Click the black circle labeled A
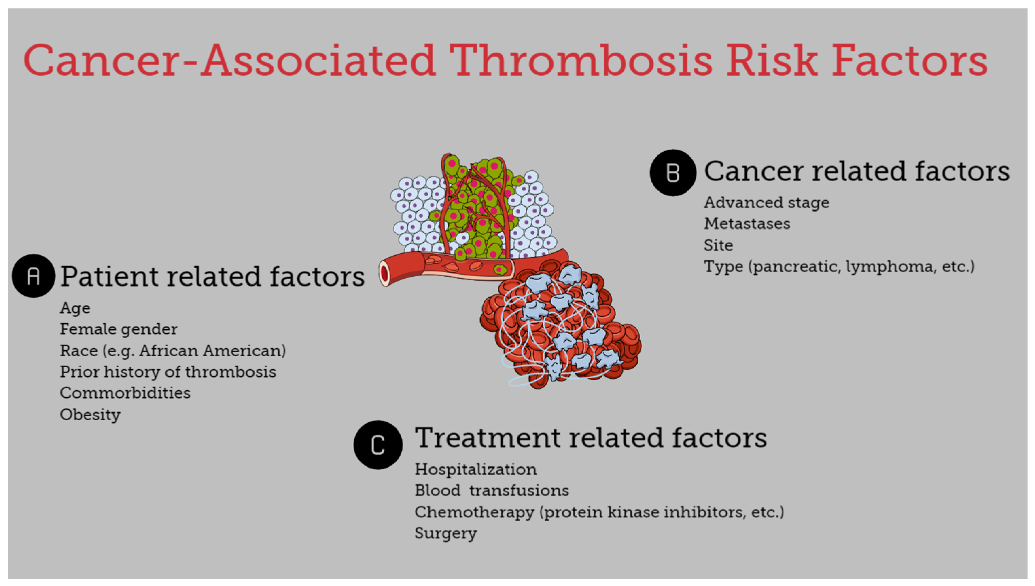pyautogui.click(x=33, y=276)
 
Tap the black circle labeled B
pyautogui.click(x=672, y=173)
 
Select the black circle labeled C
pyautogui.click(x=378, y=445)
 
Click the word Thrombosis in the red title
pyautogui.click(x=580, y=60)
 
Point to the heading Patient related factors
pyautogui.click(x=212, y=277)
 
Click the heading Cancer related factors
pyautogui.click(x=857, y=171)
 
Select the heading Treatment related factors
pyautogui.click(x=591, y=438)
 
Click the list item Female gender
pyautogui.click(x=118, y=330)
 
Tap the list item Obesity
pyautogui.click(x=90, y=415)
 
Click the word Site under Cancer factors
pyautogui.click(x=718, y=245)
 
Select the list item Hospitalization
pyautogui.click(x=476, y=470)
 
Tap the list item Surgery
pyautogui.click(x=446, y=534)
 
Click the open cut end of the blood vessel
pyautogui.click(x=385, y=274)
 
